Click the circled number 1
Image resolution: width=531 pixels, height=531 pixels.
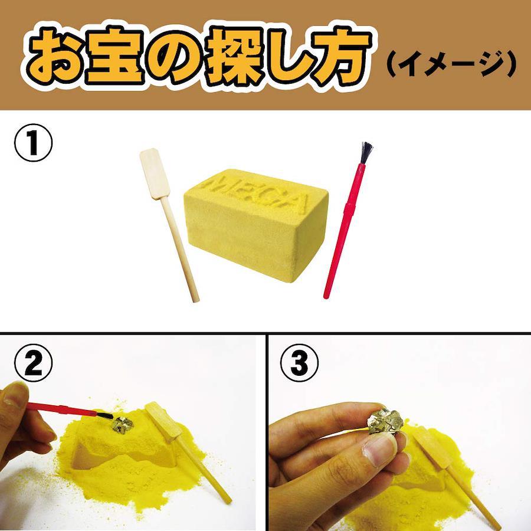pyautogui.click(x=33, y=143)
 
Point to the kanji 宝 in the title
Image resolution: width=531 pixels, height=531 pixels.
pyautogui.click(x=116, y=55)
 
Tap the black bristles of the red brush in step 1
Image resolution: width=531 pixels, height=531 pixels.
pyautogui.click(x=366, y=152)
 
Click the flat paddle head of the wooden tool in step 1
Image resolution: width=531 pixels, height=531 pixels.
pyautogui.click(x=155, y=173)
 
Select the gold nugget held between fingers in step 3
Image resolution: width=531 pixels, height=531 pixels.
pyautogui.click(x=386, y=422)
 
